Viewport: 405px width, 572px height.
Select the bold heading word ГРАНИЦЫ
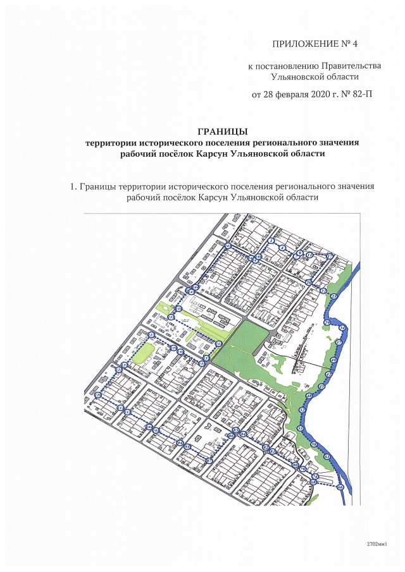point(222,131)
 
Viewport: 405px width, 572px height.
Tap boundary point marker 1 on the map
point(271,241)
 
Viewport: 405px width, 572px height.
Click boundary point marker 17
point(330,256)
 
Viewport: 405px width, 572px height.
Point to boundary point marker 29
point(327,323)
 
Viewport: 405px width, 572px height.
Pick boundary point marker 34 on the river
point(342,329)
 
